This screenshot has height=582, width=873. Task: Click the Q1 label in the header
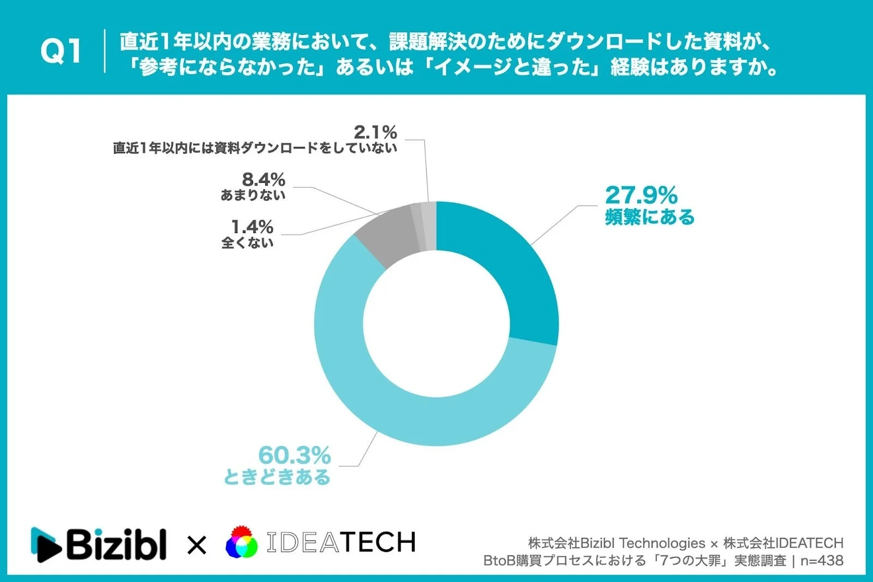point(61,52)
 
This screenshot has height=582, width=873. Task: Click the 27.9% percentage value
point(641,195)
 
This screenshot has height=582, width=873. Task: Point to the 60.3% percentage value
point(294,455)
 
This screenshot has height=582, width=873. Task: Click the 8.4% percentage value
point(264,179)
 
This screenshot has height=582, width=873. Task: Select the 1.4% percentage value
point(252,227)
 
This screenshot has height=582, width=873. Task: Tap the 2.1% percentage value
point(375,132)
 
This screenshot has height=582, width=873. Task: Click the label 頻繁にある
point(649,217)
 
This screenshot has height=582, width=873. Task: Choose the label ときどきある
point(277,477)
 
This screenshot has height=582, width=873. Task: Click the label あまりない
point(253,195)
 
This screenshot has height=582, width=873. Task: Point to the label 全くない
point(247,242)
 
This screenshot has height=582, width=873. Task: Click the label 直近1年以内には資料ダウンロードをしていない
point(255,148)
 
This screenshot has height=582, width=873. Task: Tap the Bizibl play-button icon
point(45,544)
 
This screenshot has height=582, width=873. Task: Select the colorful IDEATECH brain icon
point(241,542)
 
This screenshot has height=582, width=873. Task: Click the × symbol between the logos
point(196,545)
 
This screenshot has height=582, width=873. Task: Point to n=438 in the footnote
point(822,561)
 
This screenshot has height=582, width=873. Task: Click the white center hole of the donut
point(436,323)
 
